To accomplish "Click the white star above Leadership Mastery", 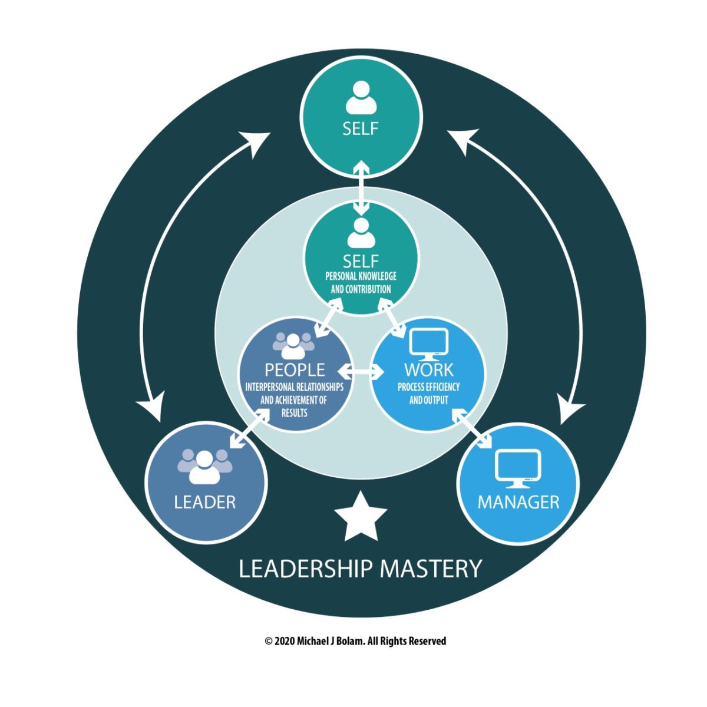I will pyautogui.click(x=360, y=517).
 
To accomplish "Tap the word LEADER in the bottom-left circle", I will pyautogui.click(x=205, y=502).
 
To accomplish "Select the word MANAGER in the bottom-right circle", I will pyautogui.click(x=518, y=502).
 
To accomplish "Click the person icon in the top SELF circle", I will pyautogui.click(x=361, y=98).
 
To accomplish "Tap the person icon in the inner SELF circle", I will pyautogui.click(x=361, y=233).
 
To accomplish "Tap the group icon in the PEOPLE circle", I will pyautogui.click(x=294, y=345).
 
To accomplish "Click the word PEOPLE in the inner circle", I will pyautogui.click(x=295, y=369).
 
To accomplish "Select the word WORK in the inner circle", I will pyautogui.click(x=428, y=370).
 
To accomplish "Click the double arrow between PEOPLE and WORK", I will pyautogui.click(x=362, y=372).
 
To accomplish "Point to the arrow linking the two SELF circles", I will pyautogui.click(x=361, y=187).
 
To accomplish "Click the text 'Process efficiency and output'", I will pyautogui.click(x=428, y=394).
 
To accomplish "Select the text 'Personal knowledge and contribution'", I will pyautogui.click(x=361, y=283).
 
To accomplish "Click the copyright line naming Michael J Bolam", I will pyautogui.click(x=355, y=641).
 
